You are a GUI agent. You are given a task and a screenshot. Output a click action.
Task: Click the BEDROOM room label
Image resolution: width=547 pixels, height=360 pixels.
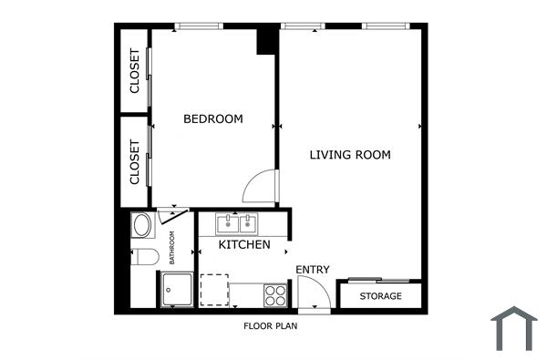click(213, 118)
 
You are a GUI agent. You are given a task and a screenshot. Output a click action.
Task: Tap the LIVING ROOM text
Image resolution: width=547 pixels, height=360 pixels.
click(350, 155)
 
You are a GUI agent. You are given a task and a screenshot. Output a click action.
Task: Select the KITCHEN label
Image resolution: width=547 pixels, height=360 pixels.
click(243, 245)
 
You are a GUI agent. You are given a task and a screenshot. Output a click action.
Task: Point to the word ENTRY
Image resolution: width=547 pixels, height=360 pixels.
click(313, 270)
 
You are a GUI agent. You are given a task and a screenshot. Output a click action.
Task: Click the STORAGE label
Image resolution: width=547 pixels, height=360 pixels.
click(380, 296)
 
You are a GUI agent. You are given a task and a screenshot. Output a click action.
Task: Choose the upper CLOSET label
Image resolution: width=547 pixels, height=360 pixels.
click(135, 71)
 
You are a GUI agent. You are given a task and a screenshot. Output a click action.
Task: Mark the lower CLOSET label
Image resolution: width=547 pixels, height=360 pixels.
click(135, 162)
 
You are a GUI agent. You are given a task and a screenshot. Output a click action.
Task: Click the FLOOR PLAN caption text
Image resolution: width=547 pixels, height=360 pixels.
click(271, 325)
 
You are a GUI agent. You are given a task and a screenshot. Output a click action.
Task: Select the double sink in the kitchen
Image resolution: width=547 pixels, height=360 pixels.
click(238, 222)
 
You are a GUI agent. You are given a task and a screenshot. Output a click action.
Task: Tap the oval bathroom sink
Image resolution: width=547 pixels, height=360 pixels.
click(144, 225)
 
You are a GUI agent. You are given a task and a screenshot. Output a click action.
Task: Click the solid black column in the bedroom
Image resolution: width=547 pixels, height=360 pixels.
click(266, 42)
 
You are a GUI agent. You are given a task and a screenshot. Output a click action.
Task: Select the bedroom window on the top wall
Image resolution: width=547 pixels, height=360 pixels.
click(201, 26)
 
